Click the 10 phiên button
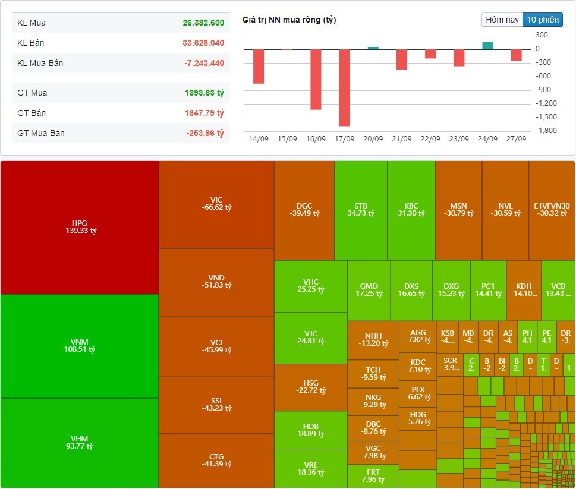542,20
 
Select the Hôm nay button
502,20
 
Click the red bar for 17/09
344,87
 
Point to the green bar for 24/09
487,46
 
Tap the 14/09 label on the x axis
259,139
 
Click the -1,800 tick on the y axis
546,131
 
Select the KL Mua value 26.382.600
203,23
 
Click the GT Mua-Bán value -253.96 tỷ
205,133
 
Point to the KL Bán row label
31,43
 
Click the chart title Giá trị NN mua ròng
289,20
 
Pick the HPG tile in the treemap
79,227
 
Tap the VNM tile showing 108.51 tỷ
79,346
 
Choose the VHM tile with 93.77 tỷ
79,443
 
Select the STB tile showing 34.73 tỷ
361,210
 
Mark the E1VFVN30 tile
552,210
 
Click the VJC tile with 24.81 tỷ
310,337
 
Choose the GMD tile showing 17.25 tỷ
369,290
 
